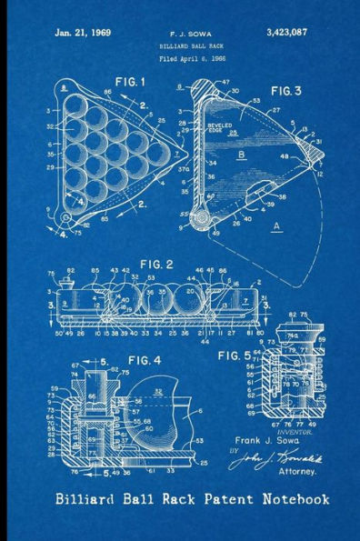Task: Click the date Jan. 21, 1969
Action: click(83, 32)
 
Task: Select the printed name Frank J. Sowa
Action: click(285, 441)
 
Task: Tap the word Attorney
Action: click(296, 472)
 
